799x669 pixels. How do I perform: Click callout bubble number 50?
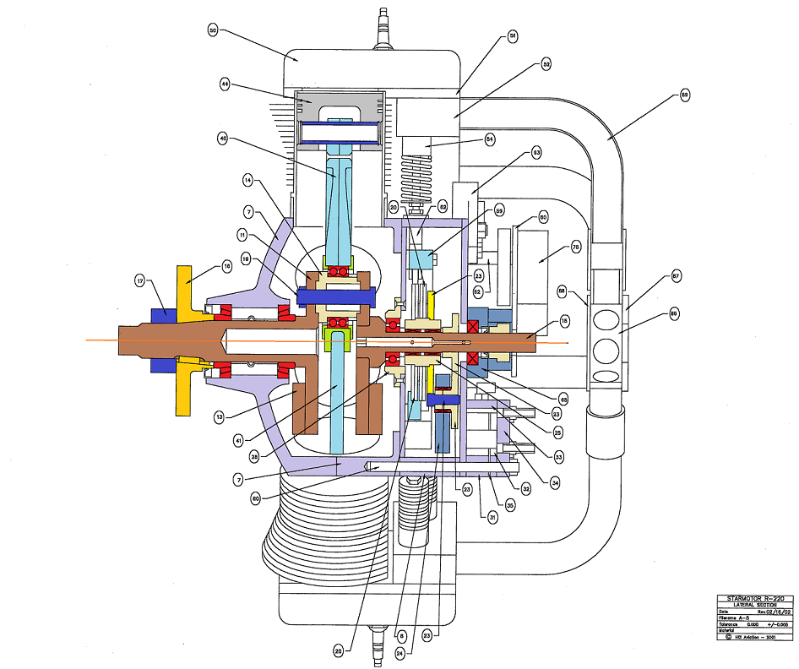(x=213, y=30)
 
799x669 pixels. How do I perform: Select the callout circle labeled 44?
(x=225, y=84)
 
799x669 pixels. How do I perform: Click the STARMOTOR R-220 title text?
(x=748, y=598)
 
